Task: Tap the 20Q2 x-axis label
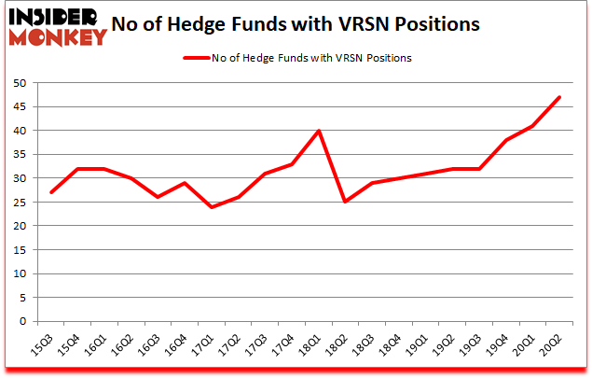(554, 347)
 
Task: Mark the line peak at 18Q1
(319, 131)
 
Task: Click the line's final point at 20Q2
(558, 97)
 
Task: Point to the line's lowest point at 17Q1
(212, 206)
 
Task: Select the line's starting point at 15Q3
(52, 192)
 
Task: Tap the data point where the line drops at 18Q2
(345, 202)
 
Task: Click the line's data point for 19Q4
(505, 140)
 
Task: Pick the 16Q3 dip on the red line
(158, 197)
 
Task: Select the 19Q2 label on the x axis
(447, 347)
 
